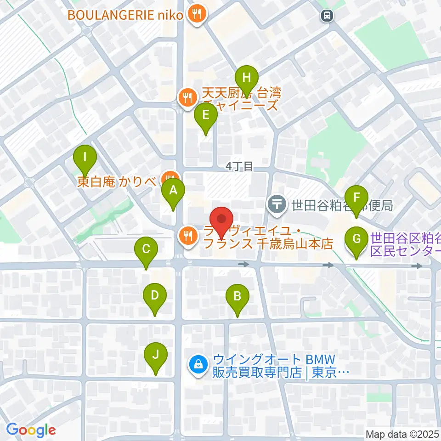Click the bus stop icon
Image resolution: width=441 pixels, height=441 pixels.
point(327,16)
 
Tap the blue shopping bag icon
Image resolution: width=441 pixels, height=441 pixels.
point(198,365)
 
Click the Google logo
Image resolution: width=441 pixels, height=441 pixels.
point(31,430)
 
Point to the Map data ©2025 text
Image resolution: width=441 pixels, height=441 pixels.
point(402,434)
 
